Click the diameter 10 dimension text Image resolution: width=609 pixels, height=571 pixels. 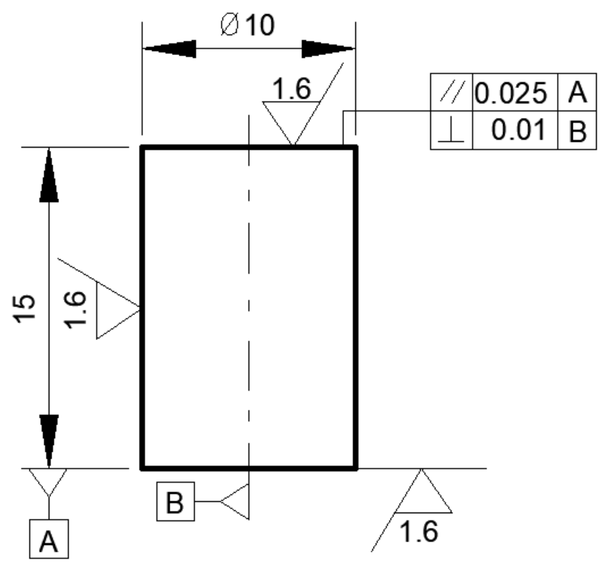pyautogui.click(x=248, y=25)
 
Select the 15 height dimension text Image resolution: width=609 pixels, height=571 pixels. pyautogui.click(x=25, y=309)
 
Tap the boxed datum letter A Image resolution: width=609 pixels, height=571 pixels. pyautogui.click(x=49, y=539)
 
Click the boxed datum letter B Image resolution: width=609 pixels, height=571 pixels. pyautogui.click(x=175, y=501)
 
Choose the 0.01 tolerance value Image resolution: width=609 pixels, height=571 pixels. pyautogui.click(x=518, y=130)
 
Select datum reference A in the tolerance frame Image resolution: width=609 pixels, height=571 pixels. pyautogui.click(x=577, y=92)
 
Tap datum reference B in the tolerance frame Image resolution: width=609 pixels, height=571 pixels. pyautogui.click(x=577, y=131)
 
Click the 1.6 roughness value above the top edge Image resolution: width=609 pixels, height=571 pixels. pyautogui.click(x=292, y=89)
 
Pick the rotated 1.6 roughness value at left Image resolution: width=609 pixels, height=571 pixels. pyautogui.click(x=76, y=309)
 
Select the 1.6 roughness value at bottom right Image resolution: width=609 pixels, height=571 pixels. pyautogui.click(x=418, y=531)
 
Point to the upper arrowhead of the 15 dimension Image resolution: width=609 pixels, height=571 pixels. pyautogui.click(x=49, y=175)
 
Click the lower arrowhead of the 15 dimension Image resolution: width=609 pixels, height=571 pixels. pyautogui.click(x=49, y=440)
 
